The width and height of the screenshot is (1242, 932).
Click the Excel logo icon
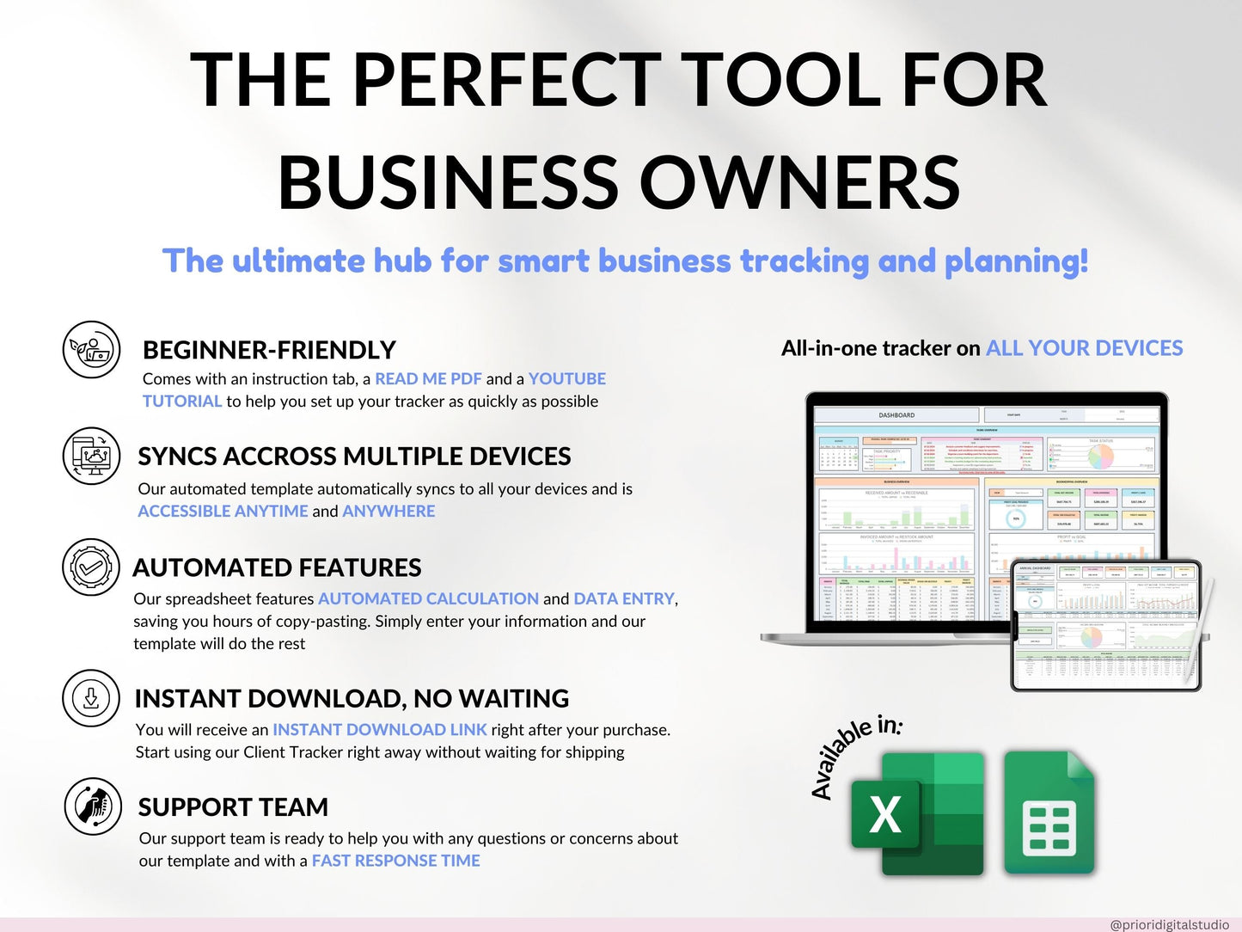pos(916,812)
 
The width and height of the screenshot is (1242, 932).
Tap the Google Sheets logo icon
pos(1049,812)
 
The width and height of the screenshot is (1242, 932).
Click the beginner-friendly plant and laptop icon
pos(92,350)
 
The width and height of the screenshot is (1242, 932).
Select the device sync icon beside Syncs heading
pos(92,456)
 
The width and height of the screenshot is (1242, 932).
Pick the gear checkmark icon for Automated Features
pos(91,567)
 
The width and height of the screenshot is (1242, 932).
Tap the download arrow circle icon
pos(91,698)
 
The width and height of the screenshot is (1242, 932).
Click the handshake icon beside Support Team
pos(93,806)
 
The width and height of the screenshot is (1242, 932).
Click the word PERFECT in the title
pos(506,80)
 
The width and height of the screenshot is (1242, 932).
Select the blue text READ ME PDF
pos(428,378)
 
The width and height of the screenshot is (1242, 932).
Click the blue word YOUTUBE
pos(567,378)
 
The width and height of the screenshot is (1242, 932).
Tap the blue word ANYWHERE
pos(389,511)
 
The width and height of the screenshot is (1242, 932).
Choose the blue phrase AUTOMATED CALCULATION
pos(428,598)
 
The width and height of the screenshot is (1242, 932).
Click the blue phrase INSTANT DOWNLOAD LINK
pos(380,729)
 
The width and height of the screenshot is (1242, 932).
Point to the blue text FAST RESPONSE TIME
pos(395,861)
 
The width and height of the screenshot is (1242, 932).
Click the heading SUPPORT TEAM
pos(233,806)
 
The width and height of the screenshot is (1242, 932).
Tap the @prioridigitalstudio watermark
pos(1169,924)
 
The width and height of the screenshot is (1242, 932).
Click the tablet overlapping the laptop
pos(1107,625)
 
